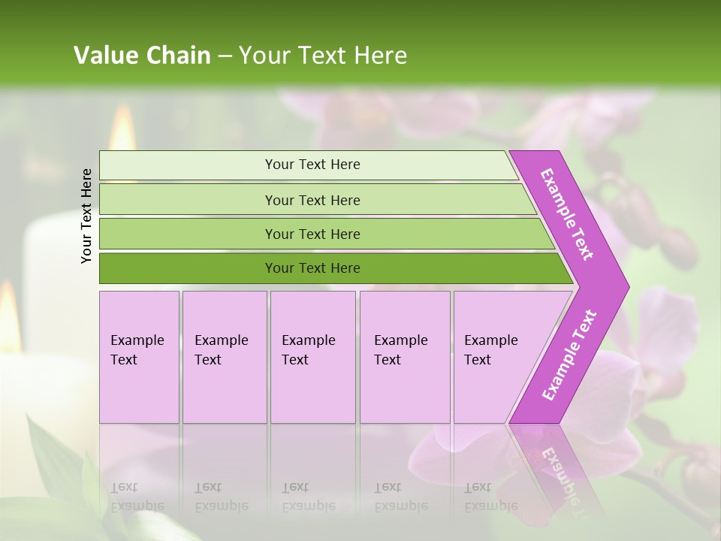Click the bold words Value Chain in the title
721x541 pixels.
click(x=142, y=56)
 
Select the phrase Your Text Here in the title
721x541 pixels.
click(x=323, y=56)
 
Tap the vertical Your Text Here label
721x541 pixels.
click(x=87, y=216)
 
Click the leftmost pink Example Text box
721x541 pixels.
click(x=139, y=357)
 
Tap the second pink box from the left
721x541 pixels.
click(x=224, y=357)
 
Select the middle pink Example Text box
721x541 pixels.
click(x=312, y=357)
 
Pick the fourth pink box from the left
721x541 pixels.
click(x=405, y=357)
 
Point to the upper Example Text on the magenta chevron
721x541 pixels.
click(x=567, y=214)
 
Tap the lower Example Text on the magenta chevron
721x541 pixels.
click(x=569, y=355)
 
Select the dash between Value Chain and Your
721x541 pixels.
click(x=225, y=56)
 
